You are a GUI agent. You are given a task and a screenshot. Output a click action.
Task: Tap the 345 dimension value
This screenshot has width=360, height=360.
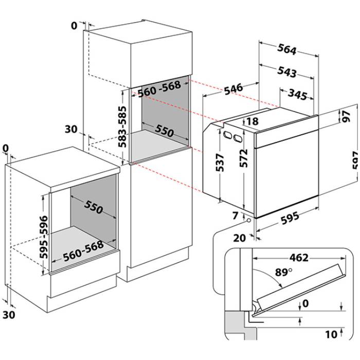pyautogui.click(x=297, y=96)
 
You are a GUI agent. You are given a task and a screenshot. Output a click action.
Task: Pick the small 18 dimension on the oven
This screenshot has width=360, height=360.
pyautogui.click(x=252, y=121)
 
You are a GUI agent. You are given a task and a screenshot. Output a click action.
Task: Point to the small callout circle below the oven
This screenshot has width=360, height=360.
pyautogui.click(x=249, y=220)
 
